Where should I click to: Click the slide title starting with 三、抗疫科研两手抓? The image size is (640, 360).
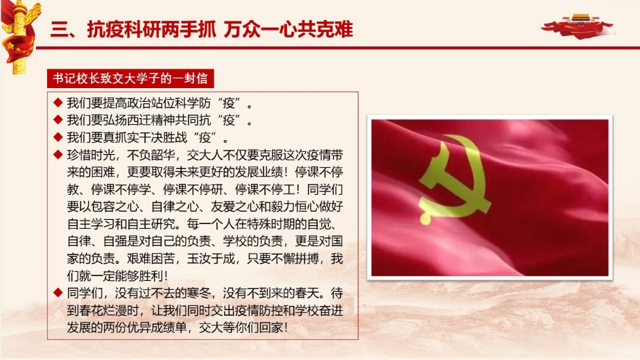(x=202, y=29)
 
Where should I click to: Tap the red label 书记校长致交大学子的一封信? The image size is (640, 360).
(x=130, y=78)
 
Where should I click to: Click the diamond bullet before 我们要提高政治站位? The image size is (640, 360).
(x=58, y=102)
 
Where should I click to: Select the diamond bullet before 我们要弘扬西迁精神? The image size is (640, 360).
(x=58, y=119)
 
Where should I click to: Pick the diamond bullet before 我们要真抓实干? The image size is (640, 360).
(x=58, y=137)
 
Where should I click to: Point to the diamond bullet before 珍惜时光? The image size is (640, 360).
(x=58, y=154)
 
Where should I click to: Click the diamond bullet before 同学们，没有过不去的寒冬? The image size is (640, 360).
(x=58, y=292)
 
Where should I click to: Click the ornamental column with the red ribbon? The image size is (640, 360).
(x=18, y=37)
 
